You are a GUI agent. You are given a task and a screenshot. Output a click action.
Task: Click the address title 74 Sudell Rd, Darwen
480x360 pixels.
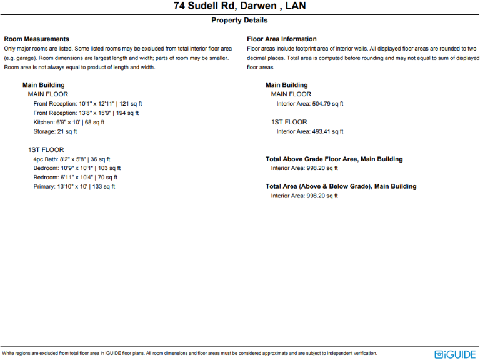(x=240, y=7)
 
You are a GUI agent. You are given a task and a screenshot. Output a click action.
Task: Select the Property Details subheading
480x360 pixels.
(x=240, y=21)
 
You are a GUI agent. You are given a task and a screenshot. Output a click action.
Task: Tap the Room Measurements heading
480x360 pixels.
(x=36, y=39)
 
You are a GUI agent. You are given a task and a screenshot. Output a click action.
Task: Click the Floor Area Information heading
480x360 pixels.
(x=282, y=39)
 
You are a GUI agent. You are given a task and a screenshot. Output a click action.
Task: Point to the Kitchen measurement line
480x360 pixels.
(x=69, y=122)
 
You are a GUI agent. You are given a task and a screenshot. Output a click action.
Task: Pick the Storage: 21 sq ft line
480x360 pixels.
(x=55, y=132)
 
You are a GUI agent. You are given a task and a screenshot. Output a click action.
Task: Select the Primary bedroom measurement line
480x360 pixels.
(x=74, y=187)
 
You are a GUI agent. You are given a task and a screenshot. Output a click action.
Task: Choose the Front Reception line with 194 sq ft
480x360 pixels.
(x=86, y=113)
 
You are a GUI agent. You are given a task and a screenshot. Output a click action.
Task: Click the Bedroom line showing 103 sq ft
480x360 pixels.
(x=77, y=168)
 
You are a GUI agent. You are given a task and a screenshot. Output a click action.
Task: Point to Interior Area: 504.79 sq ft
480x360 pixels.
(x=310, y=104)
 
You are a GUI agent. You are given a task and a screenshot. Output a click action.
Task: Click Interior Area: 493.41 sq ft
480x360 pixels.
(x=310, y=132)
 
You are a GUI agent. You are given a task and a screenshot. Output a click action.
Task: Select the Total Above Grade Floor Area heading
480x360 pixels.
(x=334, y=159)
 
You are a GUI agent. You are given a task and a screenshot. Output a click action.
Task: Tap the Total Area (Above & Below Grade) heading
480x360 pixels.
(x=341, y=186)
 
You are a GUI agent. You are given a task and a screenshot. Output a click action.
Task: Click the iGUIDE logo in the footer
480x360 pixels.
(x=455, y=354)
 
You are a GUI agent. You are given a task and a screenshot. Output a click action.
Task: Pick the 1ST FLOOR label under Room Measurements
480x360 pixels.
(x=46, y=150)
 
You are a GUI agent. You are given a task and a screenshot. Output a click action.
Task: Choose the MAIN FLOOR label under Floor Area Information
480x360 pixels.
(x=291, y=94)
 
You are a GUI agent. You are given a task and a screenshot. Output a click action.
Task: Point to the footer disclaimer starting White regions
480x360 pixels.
(x=189, y=354)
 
